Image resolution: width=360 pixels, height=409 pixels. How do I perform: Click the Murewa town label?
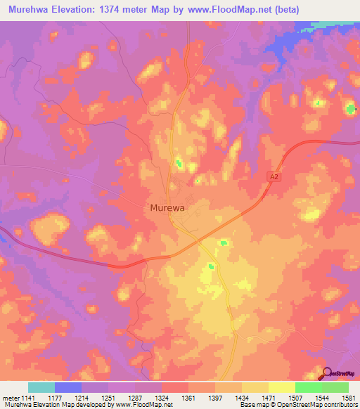click(x=168, y=208)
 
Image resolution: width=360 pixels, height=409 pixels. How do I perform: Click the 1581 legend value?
click(x=348, y=398)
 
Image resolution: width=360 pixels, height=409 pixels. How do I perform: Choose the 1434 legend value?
click(x=241, y=398)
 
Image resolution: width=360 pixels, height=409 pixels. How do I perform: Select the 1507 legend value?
click(x=295, y=398)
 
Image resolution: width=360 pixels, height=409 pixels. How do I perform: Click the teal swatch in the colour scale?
click(x=41, y=387)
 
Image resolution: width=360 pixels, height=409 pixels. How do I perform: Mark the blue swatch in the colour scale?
click(x=68, y=387)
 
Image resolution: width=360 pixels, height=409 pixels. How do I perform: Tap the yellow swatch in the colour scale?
click(x=281, y=387)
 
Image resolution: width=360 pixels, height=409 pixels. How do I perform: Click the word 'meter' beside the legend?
click(x=9, y=398)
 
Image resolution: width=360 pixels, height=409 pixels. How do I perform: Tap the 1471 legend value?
click(x=268, y=398)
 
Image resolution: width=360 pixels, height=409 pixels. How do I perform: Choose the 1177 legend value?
click(x=53, y=398)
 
